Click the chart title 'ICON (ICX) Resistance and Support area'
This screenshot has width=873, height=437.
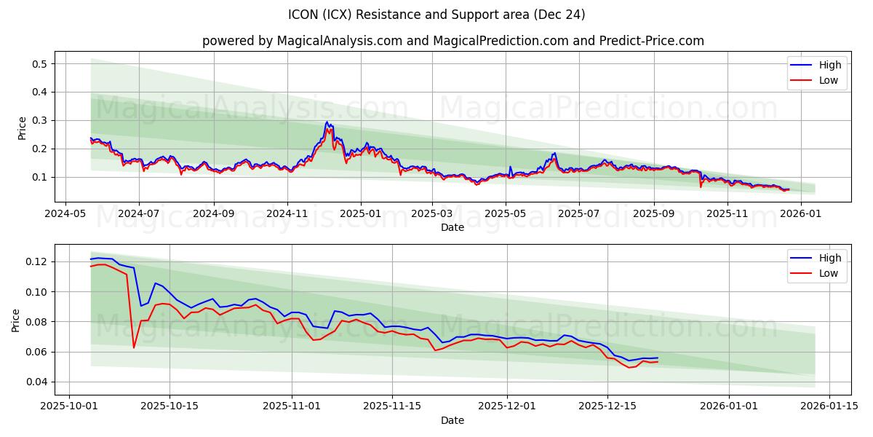click(436, 15)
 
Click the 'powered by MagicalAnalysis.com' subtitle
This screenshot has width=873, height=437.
click(302, 41)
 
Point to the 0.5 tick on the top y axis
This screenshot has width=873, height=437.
click(39, 64)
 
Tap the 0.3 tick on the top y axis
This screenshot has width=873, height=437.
click(39, 120)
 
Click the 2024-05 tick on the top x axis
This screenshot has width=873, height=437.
click(66, 213)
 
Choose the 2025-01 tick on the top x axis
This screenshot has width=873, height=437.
click(361, 213)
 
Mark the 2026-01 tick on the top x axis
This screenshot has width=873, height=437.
click(800, 213)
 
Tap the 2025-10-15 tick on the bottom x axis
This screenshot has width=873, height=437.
click(170, 406)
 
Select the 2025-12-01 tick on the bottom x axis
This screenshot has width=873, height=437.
click(507, 406)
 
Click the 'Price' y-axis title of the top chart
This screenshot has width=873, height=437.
click(22, 127)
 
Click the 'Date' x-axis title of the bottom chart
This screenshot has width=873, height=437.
click(453, 420)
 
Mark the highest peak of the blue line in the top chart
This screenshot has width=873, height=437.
click(327, 122)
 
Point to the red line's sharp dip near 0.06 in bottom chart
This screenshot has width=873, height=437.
click(134, 347)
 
